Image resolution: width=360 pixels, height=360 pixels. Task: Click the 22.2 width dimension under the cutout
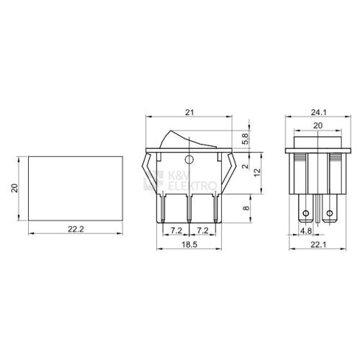pyautogui.click(x=76, y=230)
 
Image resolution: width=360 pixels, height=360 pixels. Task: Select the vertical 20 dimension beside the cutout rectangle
pyautogui.click(x=15, y=188)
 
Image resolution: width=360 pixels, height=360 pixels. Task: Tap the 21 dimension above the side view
pyautogui.click(x=189, y=112)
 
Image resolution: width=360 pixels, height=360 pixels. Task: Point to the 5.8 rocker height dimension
pyautogui.click(x=245, y=139)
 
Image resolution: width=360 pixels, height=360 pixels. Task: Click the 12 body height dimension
pyautogui.click(x=257, y=173)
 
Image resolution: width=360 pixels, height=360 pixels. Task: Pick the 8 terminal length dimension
pyautogui.click(x=246, y=208)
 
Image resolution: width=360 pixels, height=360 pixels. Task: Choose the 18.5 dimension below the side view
pyautogui.click(x=189, y=245)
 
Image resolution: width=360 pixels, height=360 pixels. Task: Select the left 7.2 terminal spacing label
pyautogui.click(x=176, y=230)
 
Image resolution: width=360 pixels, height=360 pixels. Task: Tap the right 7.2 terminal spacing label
pyautogui.click(x=203, y=230)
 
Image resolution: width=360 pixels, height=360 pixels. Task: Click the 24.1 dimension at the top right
pyautogui.click(x=319, y=112)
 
